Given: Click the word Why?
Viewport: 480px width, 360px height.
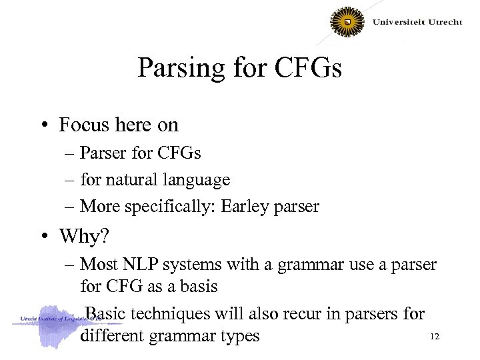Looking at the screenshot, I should tap(83, 236).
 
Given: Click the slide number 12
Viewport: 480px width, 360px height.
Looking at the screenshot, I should tap(435, 337).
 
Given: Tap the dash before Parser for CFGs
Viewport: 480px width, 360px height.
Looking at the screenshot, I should tap(71, 153).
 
